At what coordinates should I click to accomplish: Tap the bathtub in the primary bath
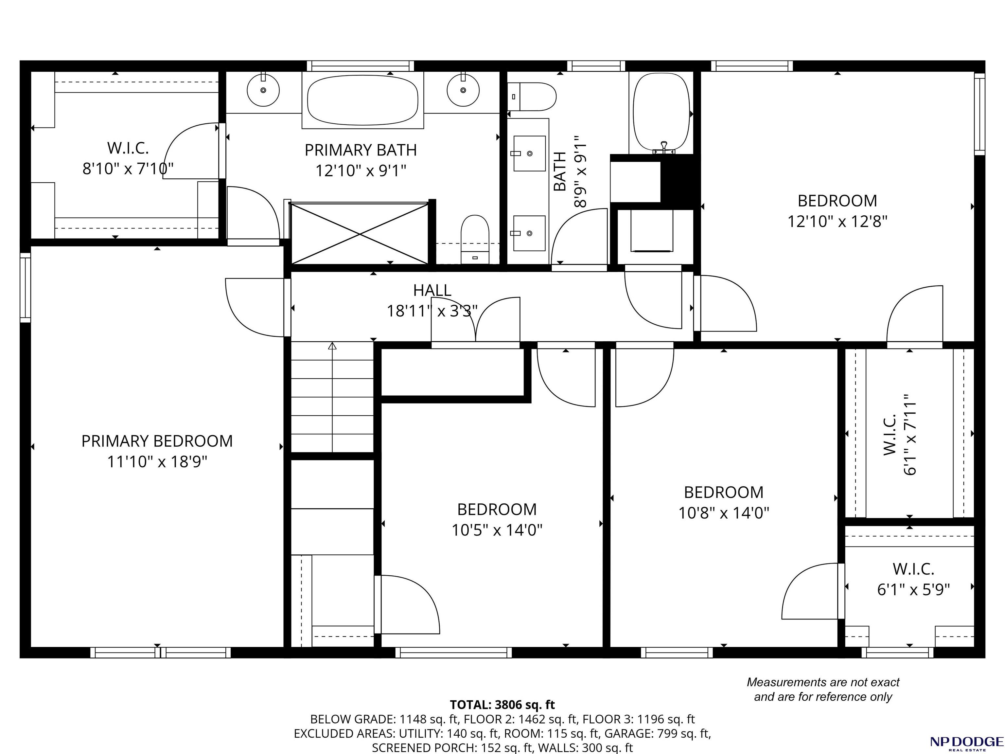(362, 100)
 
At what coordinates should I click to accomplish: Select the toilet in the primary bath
(475, 240)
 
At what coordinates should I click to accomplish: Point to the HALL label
(432, 290)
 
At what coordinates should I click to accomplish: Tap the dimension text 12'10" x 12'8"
(837, 222)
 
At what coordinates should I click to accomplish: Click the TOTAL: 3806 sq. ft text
(502, 705)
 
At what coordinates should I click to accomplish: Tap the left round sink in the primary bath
(263, 90)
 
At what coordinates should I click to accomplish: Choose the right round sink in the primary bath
(463, 90)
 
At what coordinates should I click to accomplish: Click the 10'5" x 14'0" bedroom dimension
(497, 530)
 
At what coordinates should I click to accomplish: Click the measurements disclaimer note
(823, 690)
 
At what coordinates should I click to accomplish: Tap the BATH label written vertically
(560, 171)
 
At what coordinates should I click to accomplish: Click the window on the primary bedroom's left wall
(26, 287)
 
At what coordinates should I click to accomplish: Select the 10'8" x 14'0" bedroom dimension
(724, 513)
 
